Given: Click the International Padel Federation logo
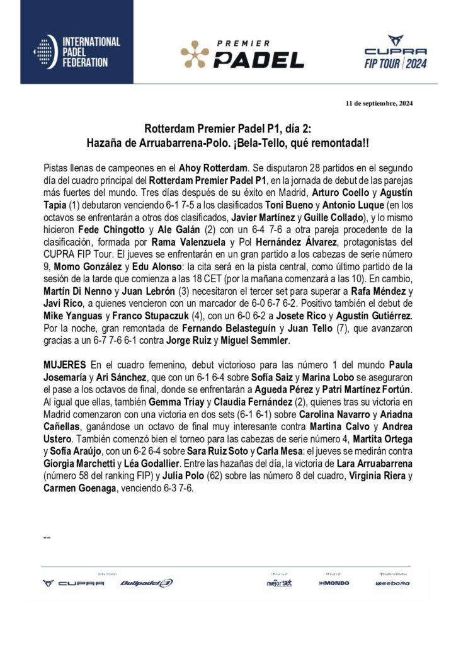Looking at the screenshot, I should coord(77,52).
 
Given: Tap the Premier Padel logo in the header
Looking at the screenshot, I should coord(242,54).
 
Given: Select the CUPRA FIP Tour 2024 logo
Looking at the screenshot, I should coord(396,56).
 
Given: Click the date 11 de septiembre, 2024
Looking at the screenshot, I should coord(380,103).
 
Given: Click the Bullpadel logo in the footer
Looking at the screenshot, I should coord(146,583).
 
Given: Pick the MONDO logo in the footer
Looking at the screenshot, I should coord(334,583).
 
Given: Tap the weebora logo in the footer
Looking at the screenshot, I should coord(392,583).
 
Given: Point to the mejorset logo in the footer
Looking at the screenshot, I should coord(279,583).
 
